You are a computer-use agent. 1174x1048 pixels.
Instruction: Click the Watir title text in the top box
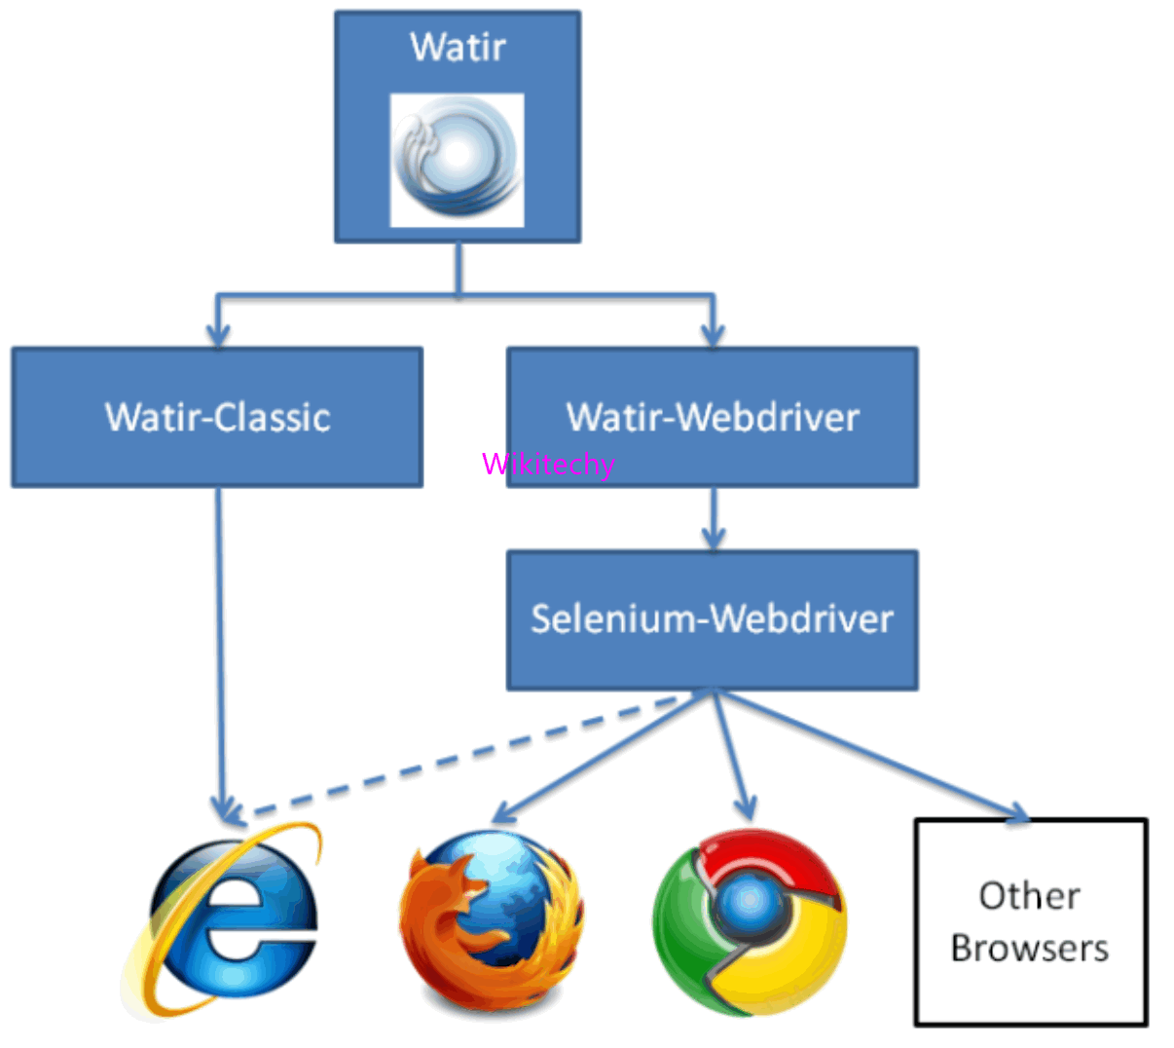point(458,47)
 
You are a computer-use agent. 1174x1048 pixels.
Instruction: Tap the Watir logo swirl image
point(457,160)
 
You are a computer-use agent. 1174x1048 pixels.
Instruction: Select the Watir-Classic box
point(217,417)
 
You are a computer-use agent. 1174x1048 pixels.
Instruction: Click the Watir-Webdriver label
point(713,417)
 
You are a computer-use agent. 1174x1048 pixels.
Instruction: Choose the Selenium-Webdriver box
point(712,619)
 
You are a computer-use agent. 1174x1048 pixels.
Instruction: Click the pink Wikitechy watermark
point(548,464)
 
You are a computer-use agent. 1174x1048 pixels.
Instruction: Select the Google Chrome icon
point(749,919)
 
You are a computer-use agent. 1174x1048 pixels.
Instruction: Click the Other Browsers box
point(1031,921)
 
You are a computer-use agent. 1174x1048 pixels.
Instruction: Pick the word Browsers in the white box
point(1030,948)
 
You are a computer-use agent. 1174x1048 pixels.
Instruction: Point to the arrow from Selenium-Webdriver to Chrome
point(732,755)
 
